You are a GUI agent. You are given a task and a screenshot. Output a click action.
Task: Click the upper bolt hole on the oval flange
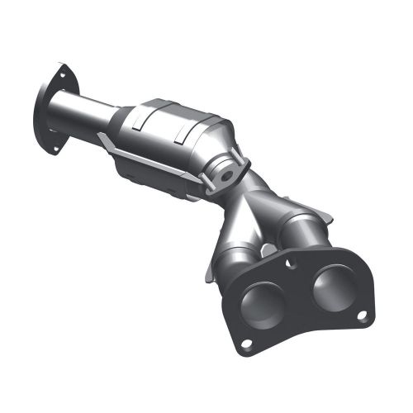point(61,73)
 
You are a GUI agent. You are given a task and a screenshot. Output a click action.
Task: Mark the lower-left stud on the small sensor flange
point(210,191)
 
